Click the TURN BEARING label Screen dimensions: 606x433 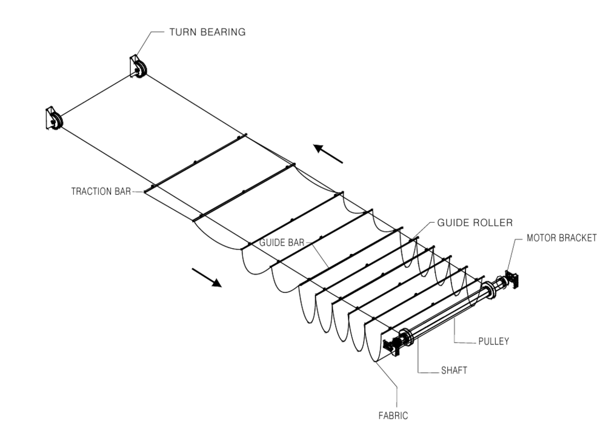(x=207, y=32)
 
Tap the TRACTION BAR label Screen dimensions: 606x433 (x=101, y=192)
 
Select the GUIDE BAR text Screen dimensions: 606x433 (x=282, y=243)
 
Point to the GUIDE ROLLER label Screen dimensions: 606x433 (x=475, y=223)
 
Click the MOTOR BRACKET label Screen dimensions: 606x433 (x=562, y=238)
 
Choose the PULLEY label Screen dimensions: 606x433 (x=493, y=341)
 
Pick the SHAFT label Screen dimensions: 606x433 (x=454, y=371)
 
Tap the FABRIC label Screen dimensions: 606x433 (x=393, y=416)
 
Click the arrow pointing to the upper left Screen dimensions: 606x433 (x=328, y=154)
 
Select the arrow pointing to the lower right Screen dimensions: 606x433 (x=207, y=278)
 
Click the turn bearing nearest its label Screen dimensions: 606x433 (x=138, y=67)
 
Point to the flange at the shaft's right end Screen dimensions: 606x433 (x=489, y=289)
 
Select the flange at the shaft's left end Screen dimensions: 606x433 (x=407, y=338)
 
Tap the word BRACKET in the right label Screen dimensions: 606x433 (x=578, y=238)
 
